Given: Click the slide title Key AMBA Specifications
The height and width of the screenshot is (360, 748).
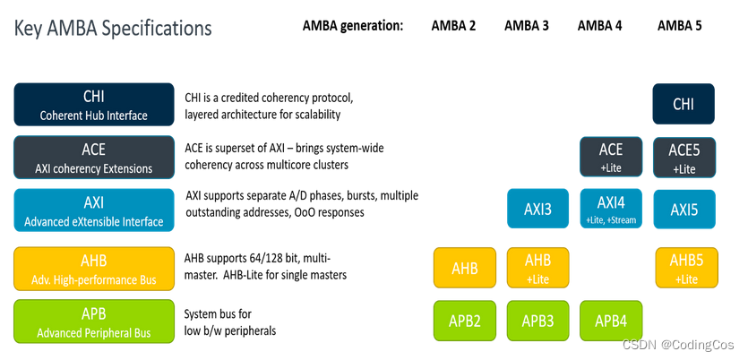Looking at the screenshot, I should coord(113,28).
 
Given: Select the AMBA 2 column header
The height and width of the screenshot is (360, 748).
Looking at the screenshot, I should coord(453,25).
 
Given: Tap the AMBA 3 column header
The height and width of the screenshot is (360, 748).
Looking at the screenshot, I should coord(527,25).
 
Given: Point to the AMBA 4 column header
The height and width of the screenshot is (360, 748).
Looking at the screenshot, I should coord(599,25).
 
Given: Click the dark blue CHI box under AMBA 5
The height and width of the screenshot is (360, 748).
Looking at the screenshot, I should coord(684,104).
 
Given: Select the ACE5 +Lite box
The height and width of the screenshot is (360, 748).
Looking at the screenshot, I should coord(684,157).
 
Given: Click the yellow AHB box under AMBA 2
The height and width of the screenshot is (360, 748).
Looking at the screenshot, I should coord(465,268).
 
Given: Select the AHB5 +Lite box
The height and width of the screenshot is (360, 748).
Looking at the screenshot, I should coord(686,268).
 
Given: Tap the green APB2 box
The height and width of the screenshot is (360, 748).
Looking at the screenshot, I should coord(465,321).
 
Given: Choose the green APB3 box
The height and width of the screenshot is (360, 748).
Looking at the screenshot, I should coord(538,321).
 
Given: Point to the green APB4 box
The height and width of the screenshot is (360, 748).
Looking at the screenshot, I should coord(611,321).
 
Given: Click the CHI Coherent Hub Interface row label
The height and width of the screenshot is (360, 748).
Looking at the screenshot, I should coord(94,105).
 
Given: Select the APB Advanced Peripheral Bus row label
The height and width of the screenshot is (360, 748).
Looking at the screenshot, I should coord(94,322).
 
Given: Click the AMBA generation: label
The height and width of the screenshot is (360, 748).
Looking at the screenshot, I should coord(353,25).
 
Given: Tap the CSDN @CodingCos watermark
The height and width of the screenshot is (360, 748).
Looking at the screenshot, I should coord(678,346).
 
